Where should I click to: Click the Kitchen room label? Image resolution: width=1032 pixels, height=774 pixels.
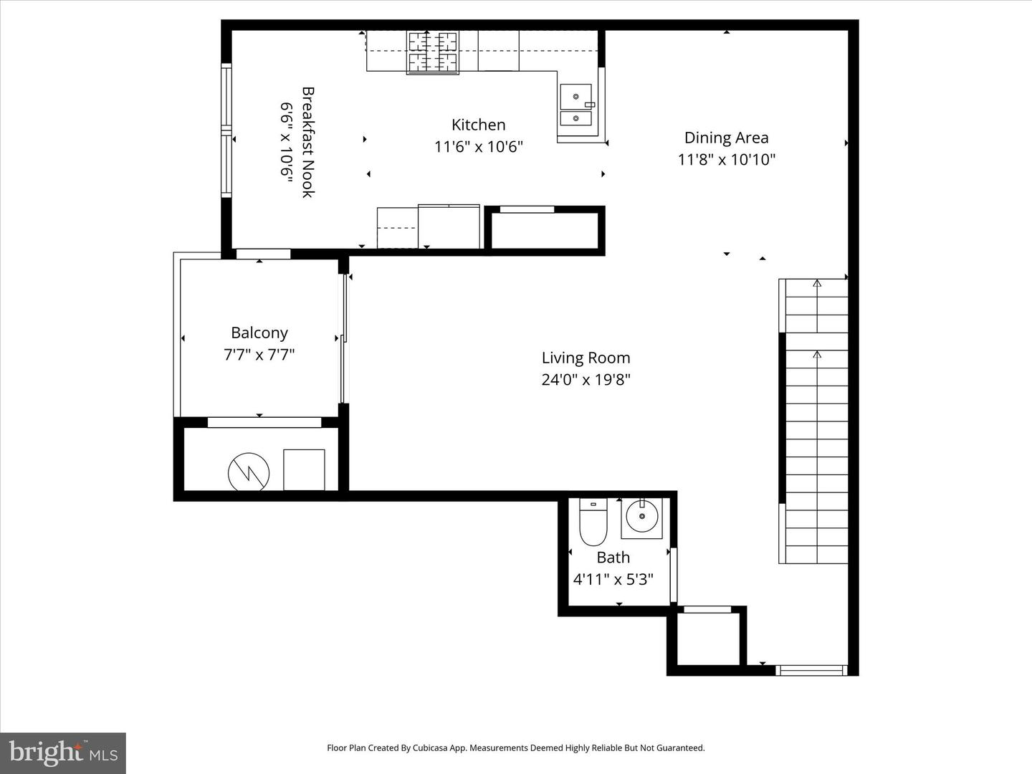tap(478, 125)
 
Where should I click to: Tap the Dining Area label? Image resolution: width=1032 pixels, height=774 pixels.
tap(726, 138)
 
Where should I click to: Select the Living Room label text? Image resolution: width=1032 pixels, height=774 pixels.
tap(586, 358)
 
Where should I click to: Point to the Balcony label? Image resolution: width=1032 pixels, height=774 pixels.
tap(259, 333)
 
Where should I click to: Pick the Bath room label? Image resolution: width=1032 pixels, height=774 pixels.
tap(613, 558)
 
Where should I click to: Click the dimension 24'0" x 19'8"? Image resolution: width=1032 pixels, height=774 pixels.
tap(586, 379)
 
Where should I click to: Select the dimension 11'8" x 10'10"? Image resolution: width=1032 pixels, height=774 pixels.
tap(726, 159)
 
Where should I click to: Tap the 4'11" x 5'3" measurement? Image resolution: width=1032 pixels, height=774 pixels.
tap(613, 579)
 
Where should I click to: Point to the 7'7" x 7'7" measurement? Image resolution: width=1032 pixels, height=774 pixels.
tap(259, 354)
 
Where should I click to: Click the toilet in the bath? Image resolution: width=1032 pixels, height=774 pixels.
tap(593, 522)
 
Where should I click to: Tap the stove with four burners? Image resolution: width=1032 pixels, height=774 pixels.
tap(433, 52)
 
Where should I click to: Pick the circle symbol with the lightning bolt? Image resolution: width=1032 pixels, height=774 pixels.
tap(249, 472)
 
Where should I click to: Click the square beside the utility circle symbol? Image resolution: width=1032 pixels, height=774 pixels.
tap(304, 469)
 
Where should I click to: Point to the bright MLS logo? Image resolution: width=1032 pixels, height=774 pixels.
tap(63, 752)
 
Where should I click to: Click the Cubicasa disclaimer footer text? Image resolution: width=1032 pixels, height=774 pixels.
tap(515, 747)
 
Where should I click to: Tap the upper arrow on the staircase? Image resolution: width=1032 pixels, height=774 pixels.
tap(817, 283)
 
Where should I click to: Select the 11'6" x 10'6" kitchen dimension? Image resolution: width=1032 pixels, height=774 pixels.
tap(478, 147)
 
